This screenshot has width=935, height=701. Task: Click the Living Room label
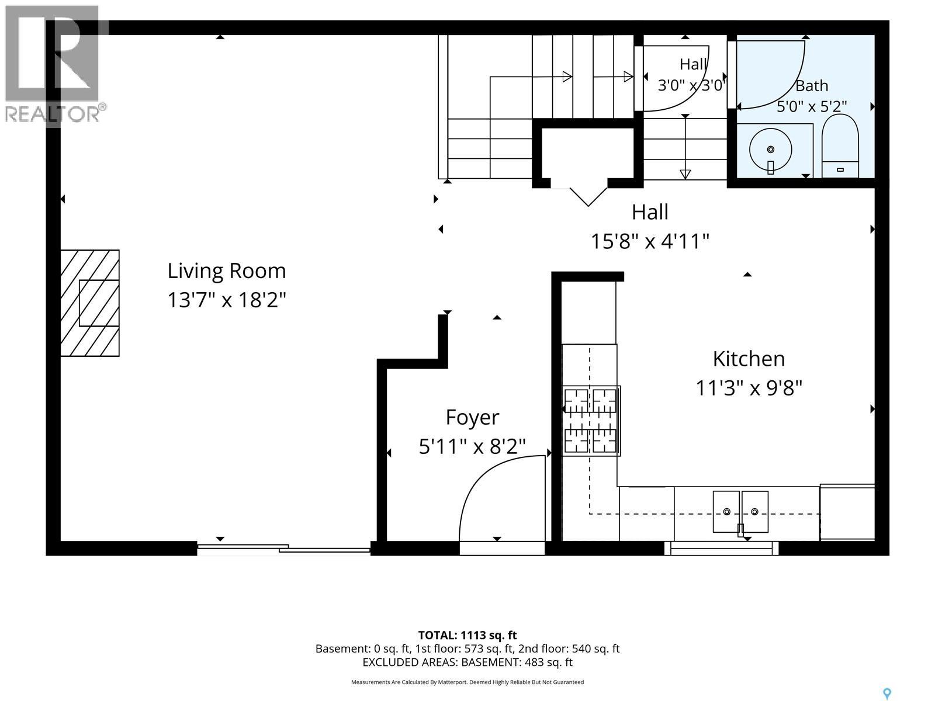pos(226,271)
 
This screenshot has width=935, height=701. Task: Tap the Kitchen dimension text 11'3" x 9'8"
pos(749,388)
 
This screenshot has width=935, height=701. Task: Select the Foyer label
pos(472,418)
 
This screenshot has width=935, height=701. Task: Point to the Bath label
pos(812,86)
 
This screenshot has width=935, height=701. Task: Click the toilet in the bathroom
pos(840,145)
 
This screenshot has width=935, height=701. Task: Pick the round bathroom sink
pos(770,150)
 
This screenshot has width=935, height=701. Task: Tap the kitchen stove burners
pos(591,421)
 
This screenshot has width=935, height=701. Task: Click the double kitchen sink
pos(740,512)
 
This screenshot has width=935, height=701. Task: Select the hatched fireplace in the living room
pos(90,303)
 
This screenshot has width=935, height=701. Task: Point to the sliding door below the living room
pos(283,549)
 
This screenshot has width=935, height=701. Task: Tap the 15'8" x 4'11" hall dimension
pos(650,242)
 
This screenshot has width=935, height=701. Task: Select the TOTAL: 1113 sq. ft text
pos(467,636)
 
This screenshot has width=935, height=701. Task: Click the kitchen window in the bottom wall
pos(722,548)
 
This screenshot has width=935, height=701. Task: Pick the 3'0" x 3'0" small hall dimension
pos(691,85)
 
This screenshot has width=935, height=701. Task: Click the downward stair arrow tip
pos(685,178)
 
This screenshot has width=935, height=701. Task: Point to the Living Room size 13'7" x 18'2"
pos(226,300)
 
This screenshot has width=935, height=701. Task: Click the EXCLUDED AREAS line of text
pos(467,662)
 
